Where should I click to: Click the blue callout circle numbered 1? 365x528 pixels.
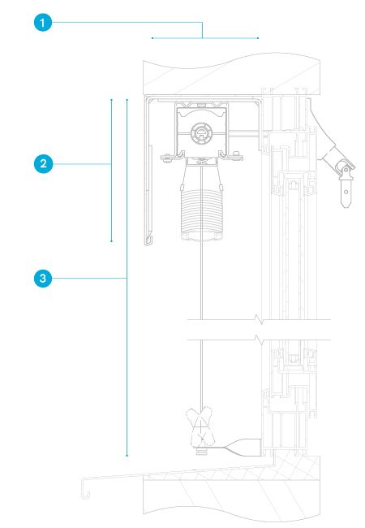43,23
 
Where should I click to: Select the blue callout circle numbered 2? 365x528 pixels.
43,164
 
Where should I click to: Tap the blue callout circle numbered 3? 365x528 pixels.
43,278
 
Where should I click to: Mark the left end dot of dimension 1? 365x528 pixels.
152,38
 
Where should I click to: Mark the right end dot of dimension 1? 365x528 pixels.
258,38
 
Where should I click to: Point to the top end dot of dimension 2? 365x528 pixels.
112,100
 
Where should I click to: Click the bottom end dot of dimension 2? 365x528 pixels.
112,241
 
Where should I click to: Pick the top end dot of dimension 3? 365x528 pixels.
127,100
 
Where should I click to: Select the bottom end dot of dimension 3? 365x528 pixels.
127,456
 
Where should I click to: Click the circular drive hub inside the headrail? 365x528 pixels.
201,132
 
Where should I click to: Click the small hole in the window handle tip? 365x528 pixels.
346,193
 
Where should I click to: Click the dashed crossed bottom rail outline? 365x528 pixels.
200,427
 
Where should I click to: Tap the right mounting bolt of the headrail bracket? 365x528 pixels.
237,155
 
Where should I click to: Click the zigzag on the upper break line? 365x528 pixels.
259,319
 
